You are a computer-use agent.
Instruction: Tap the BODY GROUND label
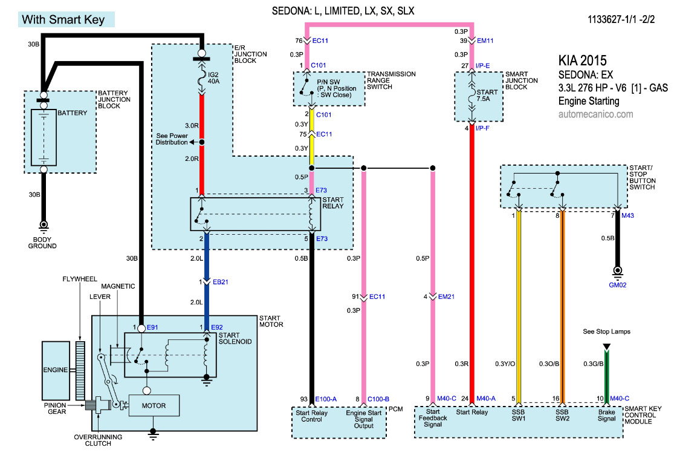coord(44,243)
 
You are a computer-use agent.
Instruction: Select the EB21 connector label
coord(220,282)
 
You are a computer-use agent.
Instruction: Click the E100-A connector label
coord(326,399)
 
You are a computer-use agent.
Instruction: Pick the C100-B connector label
coord(378,399)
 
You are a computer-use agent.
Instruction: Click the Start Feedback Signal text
coord(433,418)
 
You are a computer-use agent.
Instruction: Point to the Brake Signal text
coord(606,416)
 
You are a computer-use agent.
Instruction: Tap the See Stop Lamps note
coord(606,332)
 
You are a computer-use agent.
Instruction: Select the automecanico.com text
coord(596,114)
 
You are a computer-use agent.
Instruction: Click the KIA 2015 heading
coord(581,61)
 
